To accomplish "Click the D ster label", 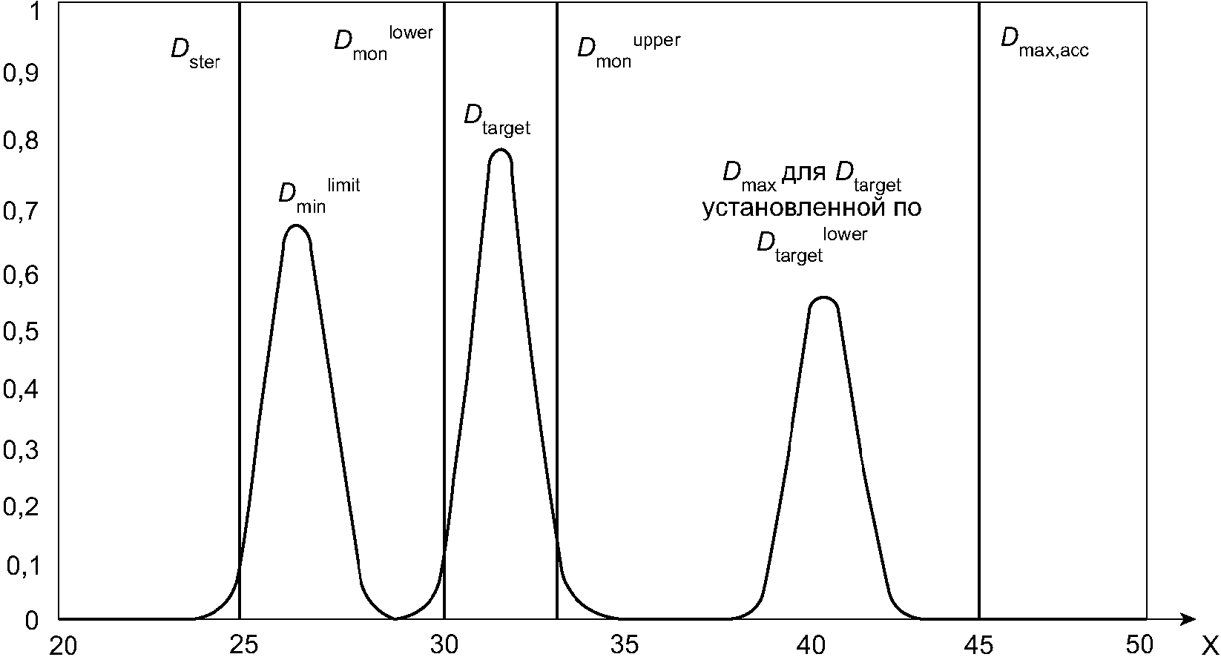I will [195, 53].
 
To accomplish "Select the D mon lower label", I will [382, 44].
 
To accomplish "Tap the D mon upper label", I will [628, 51].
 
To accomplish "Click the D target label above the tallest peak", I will [497, 119].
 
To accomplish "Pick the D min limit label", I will [318, 196].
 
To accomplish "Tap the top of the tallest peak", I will [501, 151].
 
